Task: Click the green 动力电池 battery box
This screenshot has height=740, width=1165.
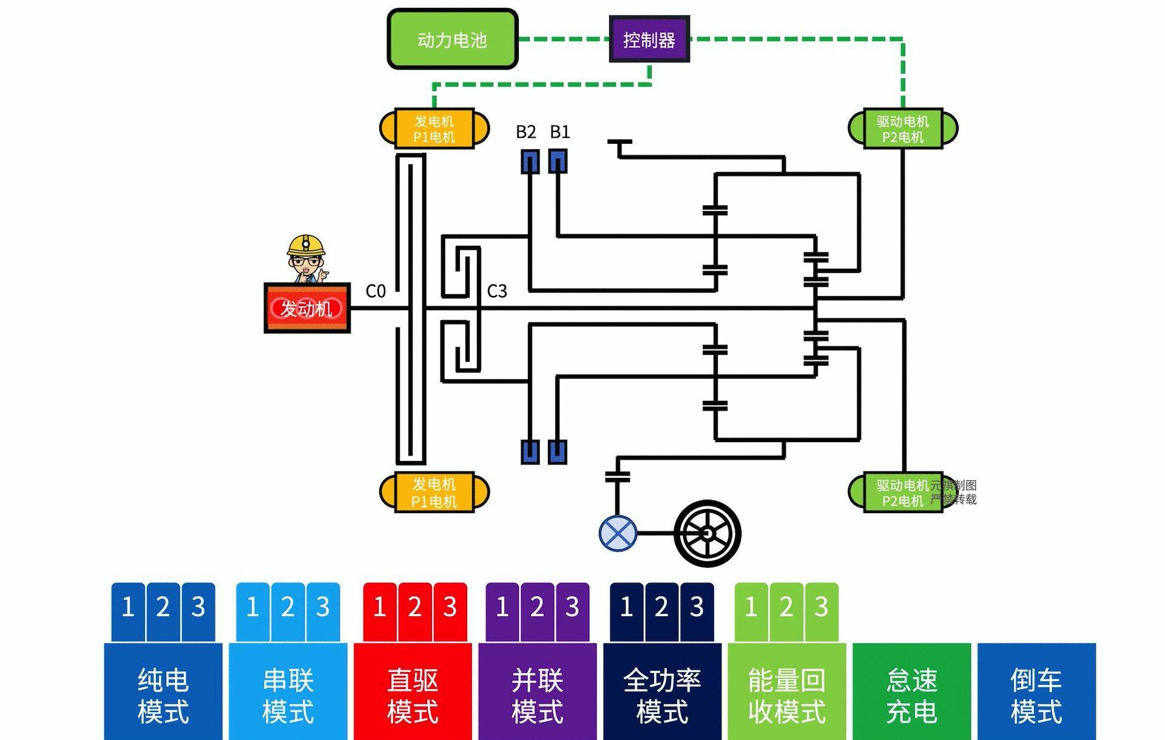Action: pos(452,39)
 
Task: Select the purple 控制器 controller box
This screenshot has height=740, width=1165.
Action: pos(649,39)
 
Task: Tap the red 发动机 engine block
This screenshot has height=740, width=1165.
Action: pos(307,308)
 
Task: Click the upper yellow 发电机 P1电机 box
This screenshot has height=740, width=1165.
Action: pos(434,129)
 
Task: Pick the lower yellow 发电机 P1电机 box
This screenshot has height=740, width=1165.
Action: pos(434,493)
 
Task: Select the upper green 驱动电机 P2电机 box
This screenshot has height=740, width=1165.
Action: pos(902,129)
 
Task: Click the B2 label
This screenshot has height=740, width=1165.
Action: pos(525,132)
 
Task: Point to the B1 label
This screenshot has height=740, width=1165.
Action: pos(559,132)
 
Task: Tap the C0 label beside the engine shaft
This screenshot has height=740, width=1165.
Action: pos(376,291)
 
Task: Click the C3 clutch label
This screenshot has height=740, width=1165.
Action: pos(497,291)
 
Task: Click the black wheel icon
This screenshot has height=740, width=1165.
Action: pos(707,534)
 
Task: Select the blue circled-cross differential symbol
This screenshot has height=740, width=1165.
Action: pos(618,534)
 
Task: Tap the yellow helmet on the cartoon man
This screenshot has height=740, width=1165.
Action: pos(306,244)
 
